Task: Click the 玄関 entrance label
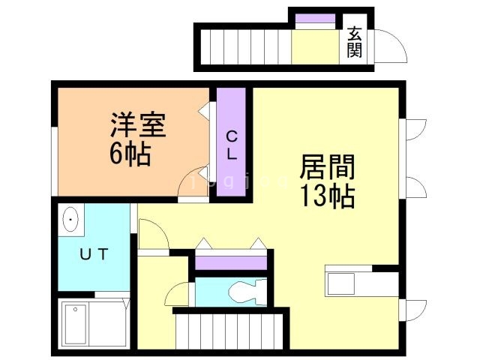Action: (354, 42)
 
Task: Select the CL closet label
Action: (232, 145)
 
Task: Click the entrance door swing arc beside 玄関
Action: (390, 46)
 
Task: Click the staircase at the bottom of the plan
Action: (229, 330)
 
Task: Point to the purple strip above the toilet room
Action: (230, 262)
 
